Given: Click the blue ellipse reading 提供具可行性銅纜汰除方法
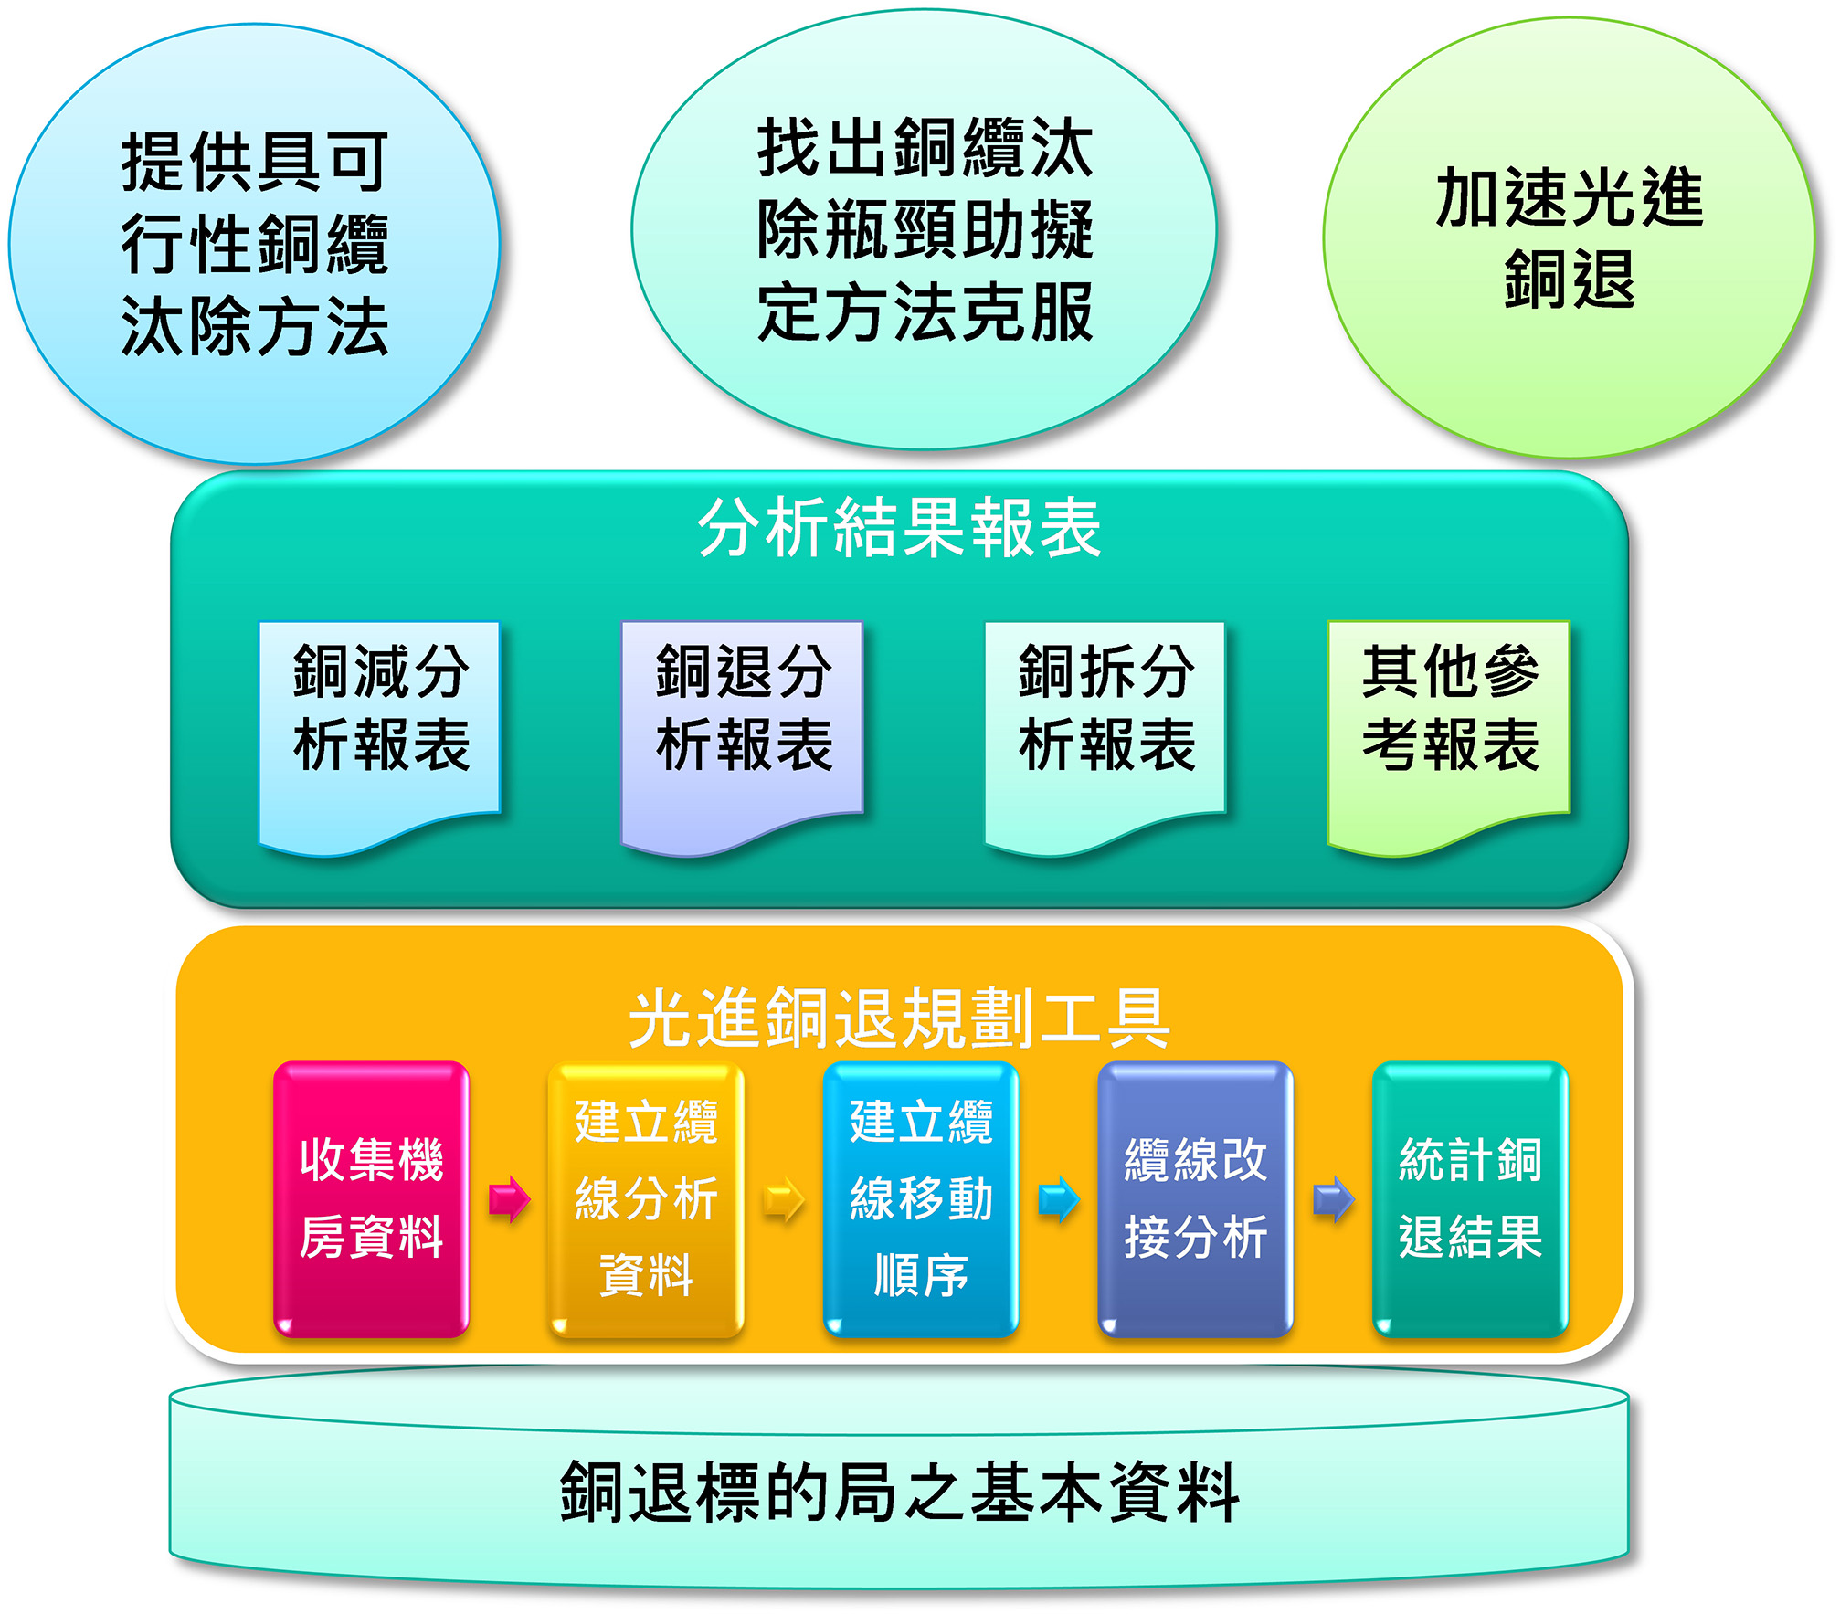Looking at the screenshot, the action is click(x=254, y=244).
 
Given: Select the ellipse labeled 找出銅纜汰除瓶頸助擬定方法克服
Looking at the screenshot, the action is click(x=924, y=229).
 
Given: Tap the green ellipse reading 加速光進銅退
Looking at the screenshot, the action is click(x=1569, y=237).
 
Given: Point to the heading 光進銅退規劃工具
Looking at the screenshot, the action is click(x=899, y=1018).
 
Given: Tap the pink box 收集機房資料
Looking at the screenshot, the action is click(x=371, y=1199).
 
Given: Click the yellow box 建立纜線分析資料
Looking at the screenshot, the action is click(x=646, y=1199).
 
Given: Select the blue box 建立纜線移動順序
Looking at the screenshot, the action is click(x=921, y=1199).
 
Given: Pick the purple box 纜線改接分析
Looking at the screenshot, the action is click(x=1195, y=1199).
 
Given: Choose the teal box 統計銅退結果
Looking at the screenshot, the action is click(x=1470, y=1199).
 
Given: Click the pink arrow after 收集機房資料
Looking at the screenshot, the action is click(x=509, y=1199).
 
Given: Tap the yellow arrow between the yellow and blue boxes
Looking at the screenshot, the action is click(x=784, y=1199).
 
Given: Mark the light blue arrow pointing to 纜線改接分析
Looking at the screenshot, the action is click(x=1059, y=1199).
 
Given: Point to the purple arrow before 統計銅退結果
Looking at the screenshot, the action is click(x=1333, y=1199).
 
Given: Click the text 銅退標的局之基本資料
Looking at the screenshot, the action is click(x=899, y=1492).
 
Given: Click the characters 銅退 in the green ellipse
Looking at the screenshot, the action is click(x=1569, y=279).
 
